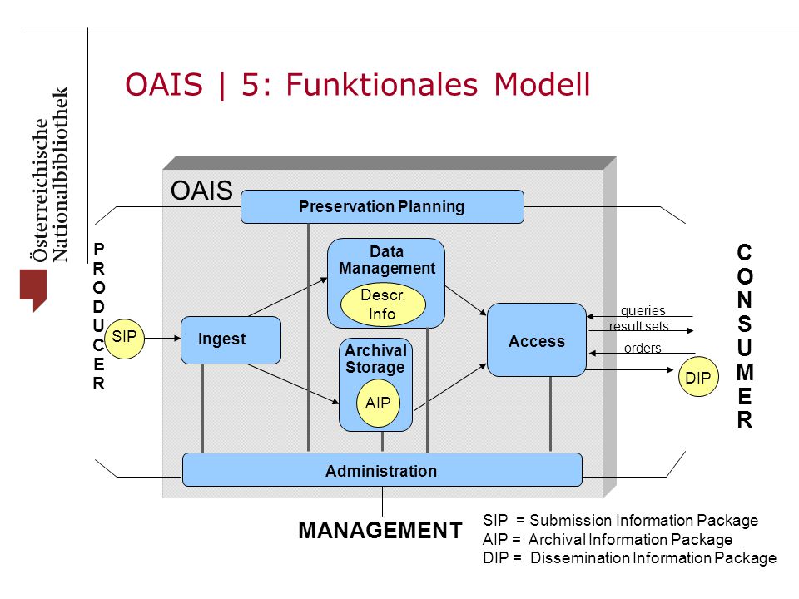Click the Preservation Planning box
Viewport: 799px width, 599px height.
click(x=382, y=207)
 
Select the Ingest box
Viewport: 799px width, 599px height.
click(x=231, y=339)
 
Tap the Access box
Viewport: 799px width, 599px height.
click(x=537, y=340)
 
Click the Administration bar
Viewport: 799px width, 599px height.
click(x=382, y=469)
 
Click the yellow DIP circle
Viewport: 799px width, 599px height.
click(x=698, y=377)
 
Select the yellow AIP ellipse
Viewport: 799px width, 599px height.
click(x=378, y=403)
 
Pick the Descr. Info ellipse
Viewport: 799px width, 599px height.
click(x=383, y=304)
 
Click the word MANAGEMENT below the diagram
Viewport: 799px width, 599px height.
click(x=380, y=530)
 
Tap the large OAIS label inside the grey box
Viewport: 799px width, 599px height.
click(x=201, y=191)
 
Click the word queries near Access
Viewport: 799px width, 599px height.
click(x=643, y=310)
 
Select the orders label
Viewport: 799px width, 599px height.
click(x=643, y=348)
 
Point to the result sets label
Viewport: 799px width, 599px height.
click(x=638, y=326)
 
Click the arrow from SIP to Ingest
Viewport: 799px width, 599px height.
click(x=162, y=338)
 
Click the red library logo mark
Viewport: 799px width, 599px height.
click(x=33, y=290)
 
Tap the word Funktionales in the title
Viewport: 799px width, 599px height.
click(x=382, y=85)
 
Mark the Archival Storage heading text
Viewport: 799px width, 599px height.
click(x=376, y=359)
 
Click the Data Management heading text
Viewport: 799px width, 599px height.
click(x=387, y=260)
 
